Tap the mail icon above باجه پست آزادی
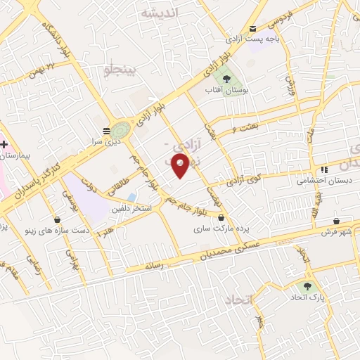click(253, 28)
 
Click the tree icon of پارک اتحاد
click(307, 286)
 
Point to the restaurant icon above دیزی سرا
click(107, 130)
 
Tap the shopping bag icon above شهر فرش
click(336, 220)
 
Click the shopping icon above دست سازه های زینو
click(57, 219)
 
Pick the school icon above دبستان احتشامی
click(324, 169)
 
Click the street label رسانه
click(153, 266)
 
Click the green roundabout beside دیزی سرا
click(120, 130)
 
